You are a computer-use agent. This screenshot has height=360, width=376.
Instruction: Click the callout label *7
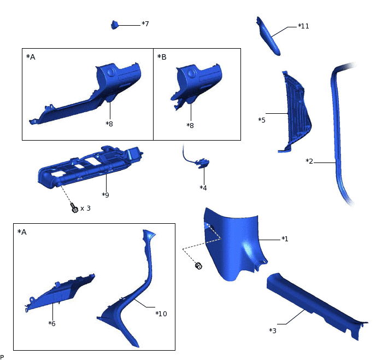(145, 24)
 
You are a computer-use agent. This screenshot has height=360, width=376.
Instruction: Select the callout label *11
(303, 26)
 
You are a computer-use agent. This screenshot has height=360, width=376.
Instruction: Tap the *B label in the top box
(162, 57)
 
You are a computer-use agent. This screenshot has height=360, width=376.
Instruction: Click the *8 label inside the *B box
(190, 125)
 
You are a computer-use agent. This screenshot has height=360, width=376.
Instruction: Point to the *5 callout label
(262, 120)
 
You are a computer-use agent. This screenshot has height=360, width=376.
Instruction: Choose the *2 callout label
(309, 161)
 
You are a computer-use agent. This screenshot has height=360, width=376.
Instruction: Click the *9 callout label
(105, 195)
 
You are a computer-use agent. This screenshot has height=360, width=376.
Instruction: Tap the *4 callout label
(203, 188)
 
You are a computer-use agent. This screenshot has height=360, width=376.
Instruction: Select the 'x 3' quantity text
(85, 208)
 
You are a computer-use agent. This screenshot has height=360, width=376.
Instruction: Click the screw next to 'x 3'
(74, 208)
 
